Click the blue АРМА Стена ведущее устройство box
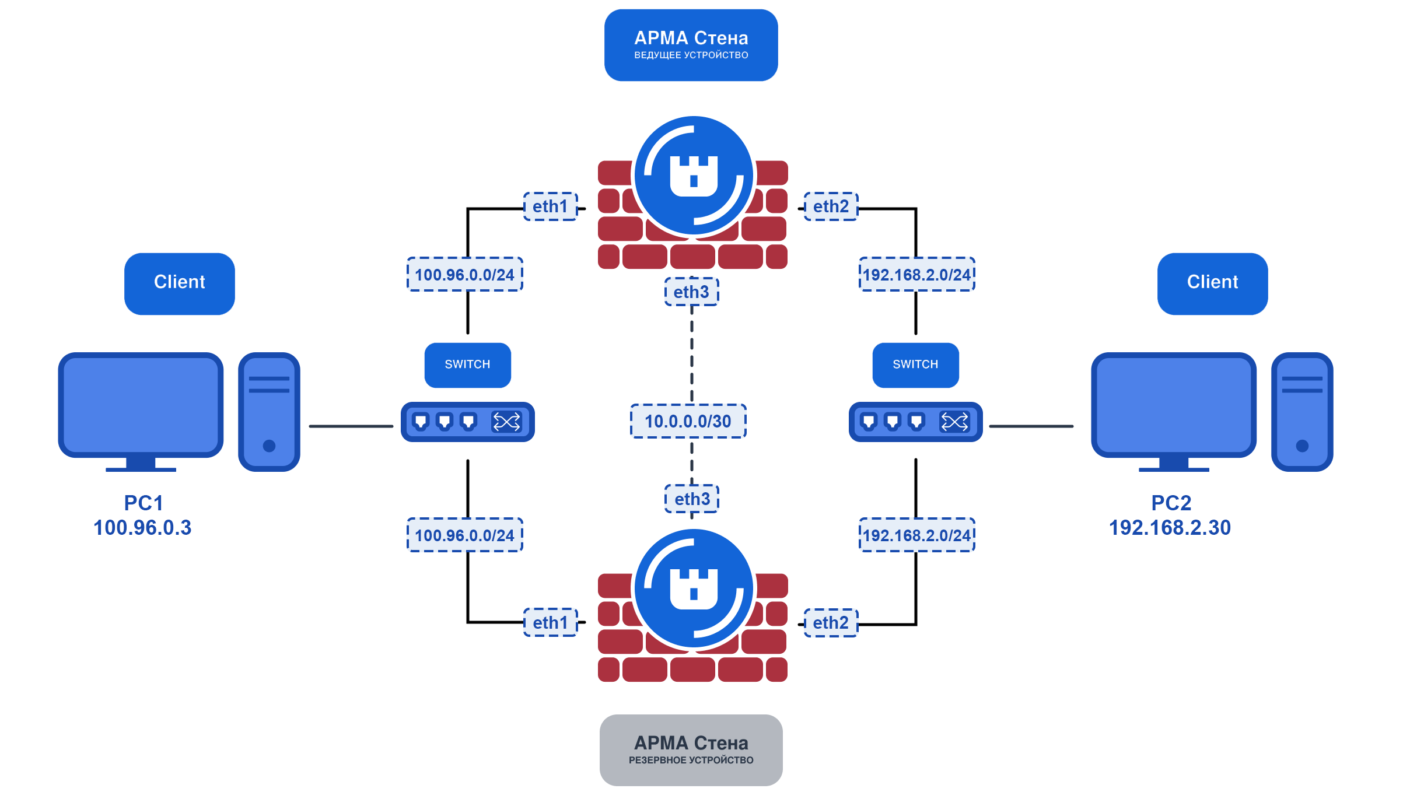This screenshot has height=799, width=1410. tap(691, 45)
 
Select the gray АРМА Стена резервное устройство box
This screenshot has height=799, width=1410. tap(691, 750)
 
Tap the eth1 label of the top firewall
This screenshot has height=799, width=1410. tap(550, 206)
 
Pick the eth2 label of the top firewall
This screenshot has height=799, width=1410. tap(831, 206)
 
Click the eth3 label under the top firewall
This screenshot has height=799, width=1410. tap(691, 292)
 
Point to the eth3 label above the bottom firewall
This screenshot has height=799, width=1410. tap(692, 499)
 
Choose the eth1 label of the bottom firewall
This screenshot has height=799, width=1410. tap(550, 623)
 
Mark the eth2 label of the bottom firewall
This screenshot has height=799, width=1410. tap(831, 623)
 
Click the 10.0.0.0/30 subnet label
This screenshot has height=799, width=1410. tap(688, 421)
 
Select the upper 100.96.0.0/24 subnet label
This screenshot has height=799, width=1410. tap(464, 274)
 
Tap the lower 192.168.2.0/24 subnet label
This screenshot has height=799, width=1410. tap(916, 535)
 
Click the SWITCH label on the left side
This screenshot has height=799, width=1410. tap(467, 365)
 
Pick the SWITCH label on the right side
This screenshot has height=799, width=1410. tap(915, 365)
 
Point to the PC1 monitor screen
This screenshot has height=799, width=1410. tap(141, 405)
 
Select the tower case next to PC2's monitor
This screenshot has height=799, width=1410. tap(1302, 412)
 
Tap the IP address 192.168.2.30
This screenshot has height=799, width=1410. tap(1170, 528)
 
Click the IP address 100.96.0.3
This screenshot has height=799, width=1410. tap(142, 528)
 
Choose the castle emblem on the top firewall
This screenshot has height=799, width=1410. tap(694, 176)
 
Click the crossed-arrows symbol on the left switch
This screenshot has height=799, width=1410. tap(506, 422)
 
